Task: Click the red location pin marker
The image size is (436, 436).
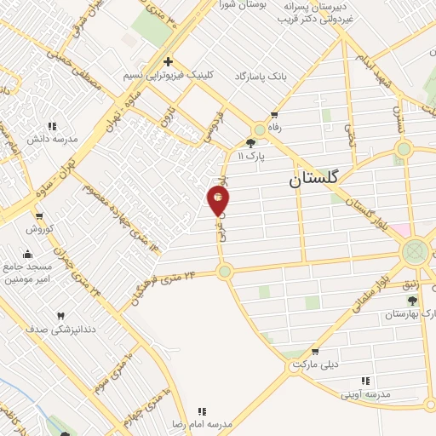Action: (218, 201)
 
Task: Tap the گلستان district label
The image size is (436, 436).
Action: (313, 180)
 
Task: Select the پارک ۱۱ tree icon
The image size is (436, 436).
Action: (251, 144)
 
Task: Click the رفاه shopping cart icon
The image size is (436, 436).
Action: (274, 115)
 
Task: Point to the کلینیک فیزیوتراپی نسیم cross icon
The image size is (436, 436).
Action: (169, 61)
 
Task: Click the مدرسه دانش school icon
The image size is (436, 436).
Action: (52, 126)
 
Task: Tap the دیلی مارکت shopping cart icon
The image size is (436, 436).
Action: (315, 352)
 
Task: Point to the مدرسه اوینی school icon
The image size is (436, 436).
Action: (365, 381)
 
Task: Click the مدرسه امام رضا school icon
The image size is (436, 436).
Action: (202, 411)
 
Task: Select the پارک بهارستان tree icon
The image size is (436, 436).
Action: (413, 301)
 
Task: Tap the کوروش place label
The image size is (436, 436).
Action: (39, 228)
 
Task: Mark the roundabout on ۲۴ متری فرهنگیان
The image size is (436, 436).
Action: (224, 272)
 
